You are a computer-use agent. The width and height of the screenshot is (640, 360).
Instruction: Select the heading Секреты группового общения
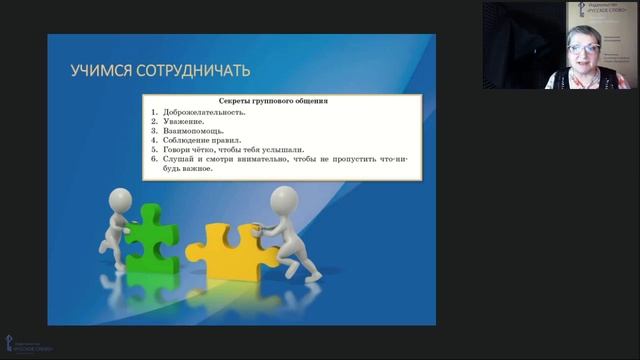click(274, 102)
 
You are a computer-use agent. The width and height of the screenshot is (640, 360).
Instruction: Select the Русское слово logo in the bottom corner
click(30, 344)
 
